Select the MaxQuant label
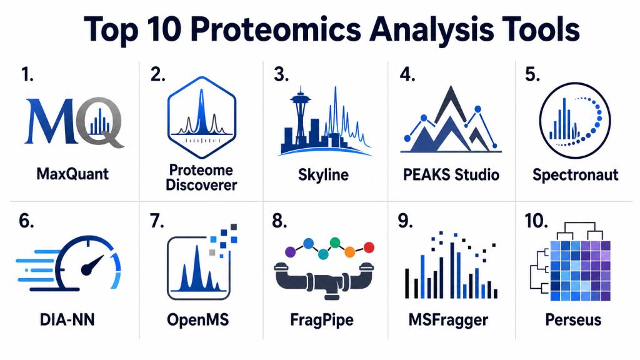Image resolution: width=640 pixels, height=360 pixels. [72, 174]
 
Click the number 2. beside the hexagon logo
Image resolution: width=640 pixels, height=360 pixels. [157, 74]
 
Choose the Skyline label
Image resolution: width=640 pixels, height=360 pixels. [323, 175]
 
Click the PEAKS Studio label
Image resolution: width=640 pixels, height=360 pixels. [451, 175]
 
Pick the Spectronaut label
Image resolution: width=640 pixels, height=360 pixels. [575, 175]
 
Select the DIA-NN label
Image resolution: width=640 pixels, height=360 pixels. [67, 319]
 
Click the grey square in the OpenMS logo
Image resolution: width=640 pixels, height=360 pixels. [212, 252]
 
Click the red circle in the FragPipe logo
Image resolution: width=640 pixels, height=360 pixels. [369, 247]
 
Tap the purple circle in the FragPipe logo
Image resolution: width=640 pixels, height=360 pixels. [290, 252]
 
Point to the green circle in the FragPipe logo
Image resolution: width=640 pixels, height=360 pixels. [335, 243]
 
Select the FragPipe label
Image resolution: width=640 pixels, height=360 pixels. [322, 319]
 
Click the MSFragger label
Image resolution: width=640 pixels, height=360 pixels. [448, 319]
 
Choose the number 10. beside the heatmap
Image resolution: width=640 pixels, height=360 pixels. [536, 221]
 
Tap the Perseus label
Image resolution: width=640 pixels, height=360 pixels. [573, 319]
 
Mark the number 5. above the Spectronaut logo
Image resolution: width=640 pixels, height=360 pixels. [532, 74]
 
